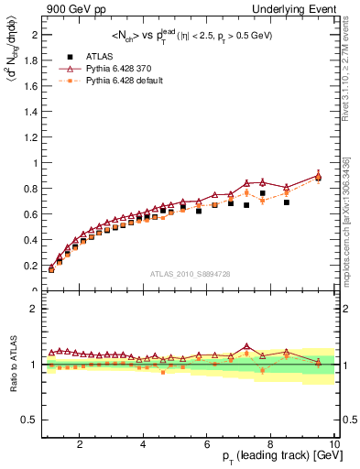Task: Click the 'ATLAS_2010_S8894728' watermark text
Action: click(x=190, y=275)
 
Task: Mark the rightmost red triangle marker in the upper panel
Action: click(x=318, y=176)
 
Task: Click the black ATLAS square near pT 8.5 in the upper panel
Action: click(x=287, y=202)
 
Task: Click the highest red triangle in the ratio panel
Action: click(x=246, y=346)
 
